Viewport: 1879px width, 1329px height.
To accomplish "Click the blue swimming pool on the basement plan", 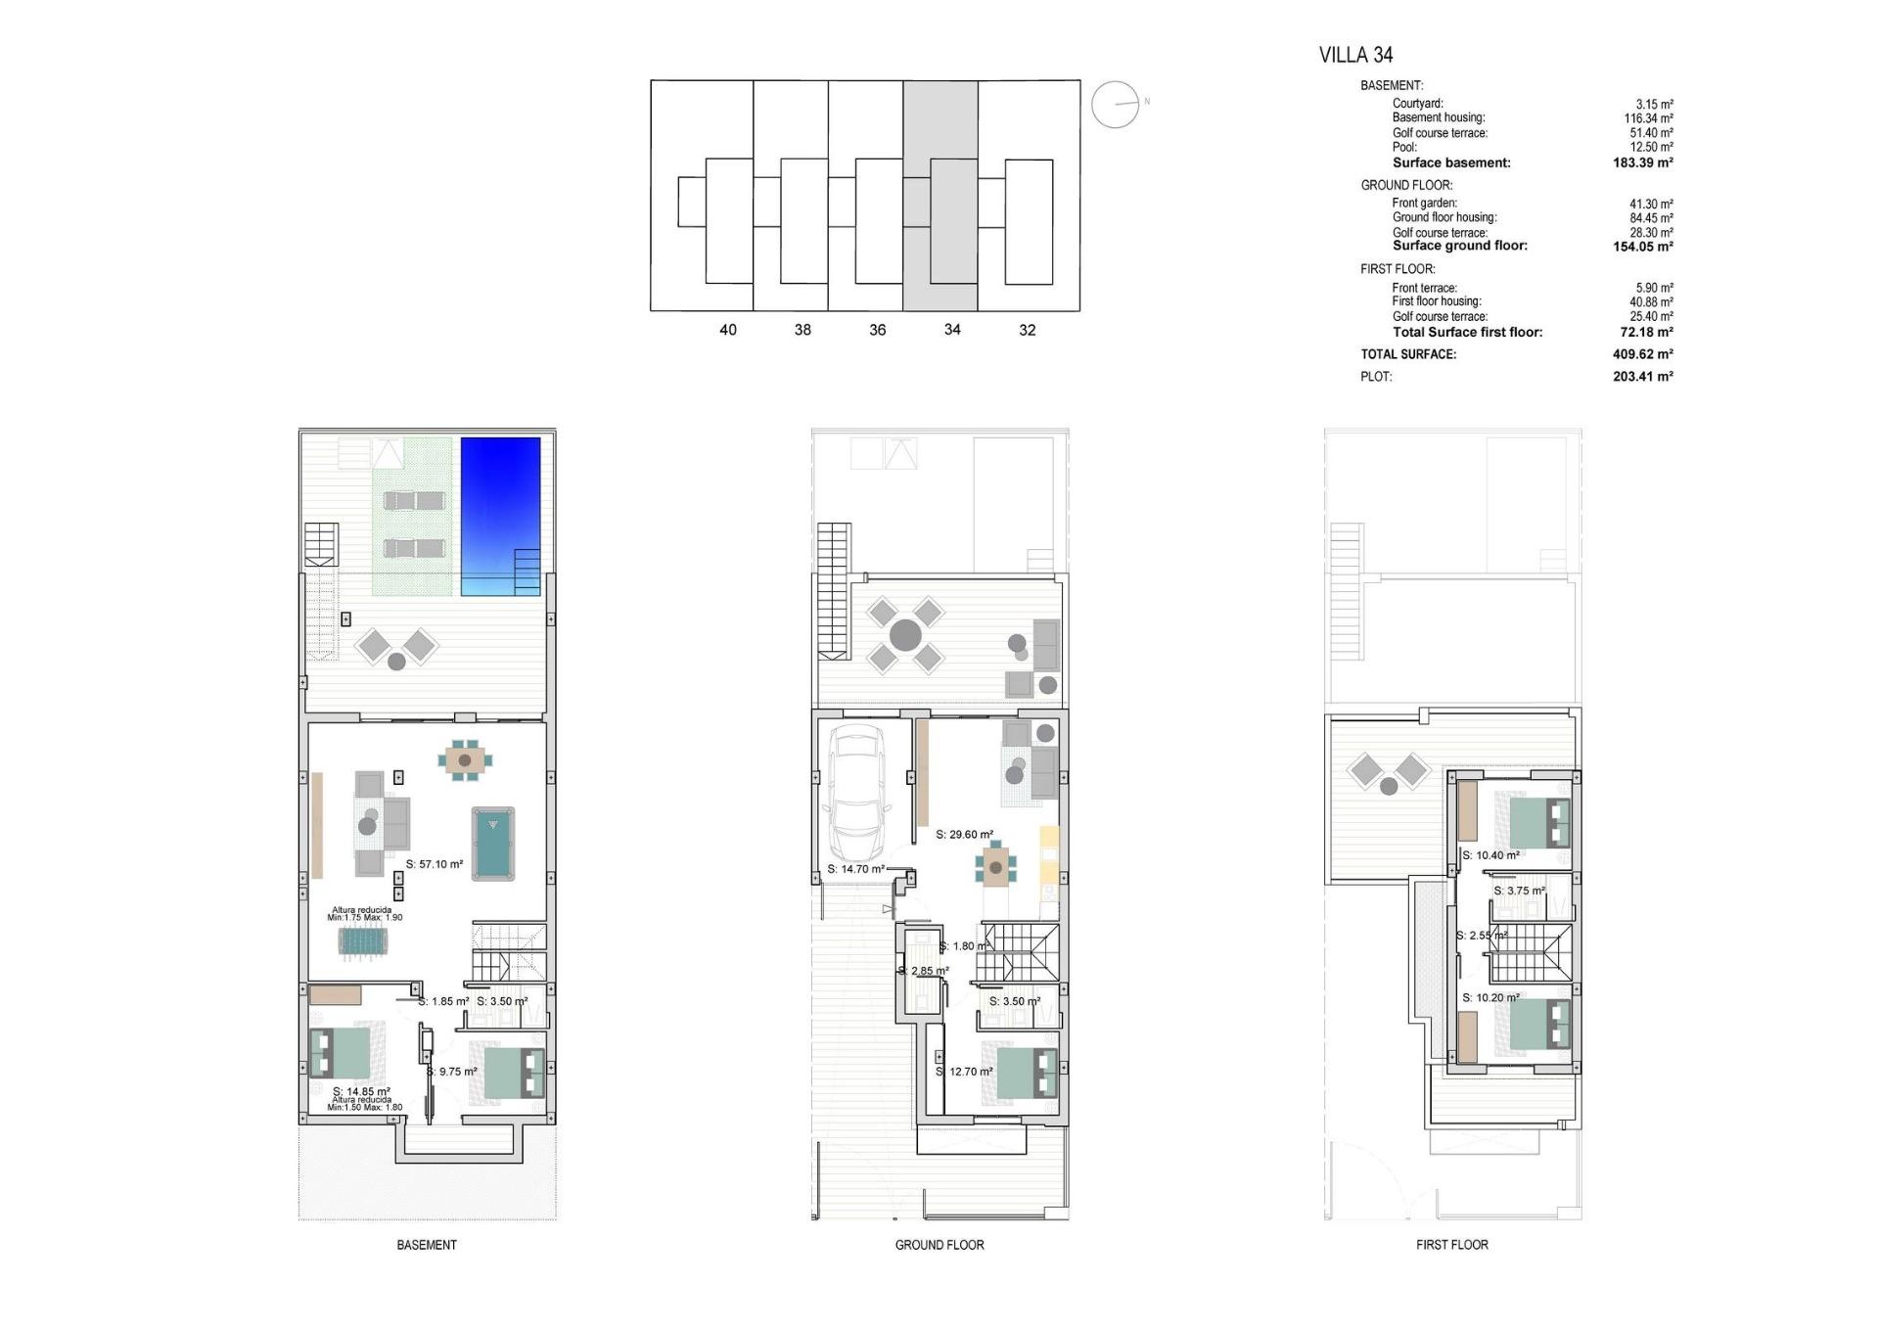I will pos(500,515).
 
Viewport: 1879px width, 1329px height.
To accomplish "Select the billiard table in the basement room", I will pos(492,843).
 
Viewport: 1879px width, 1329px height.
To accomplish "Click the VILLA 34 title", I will pos(1355,55).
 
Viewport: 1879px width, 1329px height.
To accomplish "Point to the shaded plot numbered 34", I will pos(940,196).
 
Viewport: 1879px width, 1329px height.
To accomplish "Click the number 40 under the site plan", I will pos(727,330).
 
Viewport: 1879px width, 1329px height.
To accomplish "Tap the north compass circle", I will pos(1115,104).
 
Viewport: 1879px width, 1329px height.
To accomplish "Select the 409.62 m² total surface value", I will pos(1642,354).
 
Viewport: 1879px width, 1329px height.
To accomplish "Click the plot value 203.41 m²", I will pos(1642,376).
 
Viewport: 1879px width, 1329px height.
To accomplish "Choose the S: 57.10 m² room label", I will pos(434,864).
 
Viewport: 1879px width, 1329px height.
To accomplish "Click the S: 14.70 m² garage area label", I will pos(855,869).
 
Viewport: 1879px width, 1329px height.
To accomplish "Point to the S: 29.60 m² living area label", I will pos(964,835).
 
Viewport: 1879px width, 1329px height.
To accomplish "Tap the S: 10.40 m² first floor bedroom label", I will pos(1490,855).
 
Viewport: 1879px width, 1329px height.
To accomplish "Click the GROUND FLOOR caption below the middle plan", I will pos(939,1245).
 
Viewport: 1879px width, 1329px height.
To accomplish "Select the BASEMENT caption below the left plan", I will pos(427,1245).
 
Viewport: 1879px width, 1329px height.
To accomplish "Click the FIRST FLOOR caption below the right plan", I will pos(1451,1245).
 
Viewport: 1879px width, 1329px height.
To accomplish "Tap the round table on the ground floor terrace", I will pos(905,634).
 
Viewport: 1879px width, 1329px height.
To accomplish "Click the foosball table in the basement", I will pos(365,941).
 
